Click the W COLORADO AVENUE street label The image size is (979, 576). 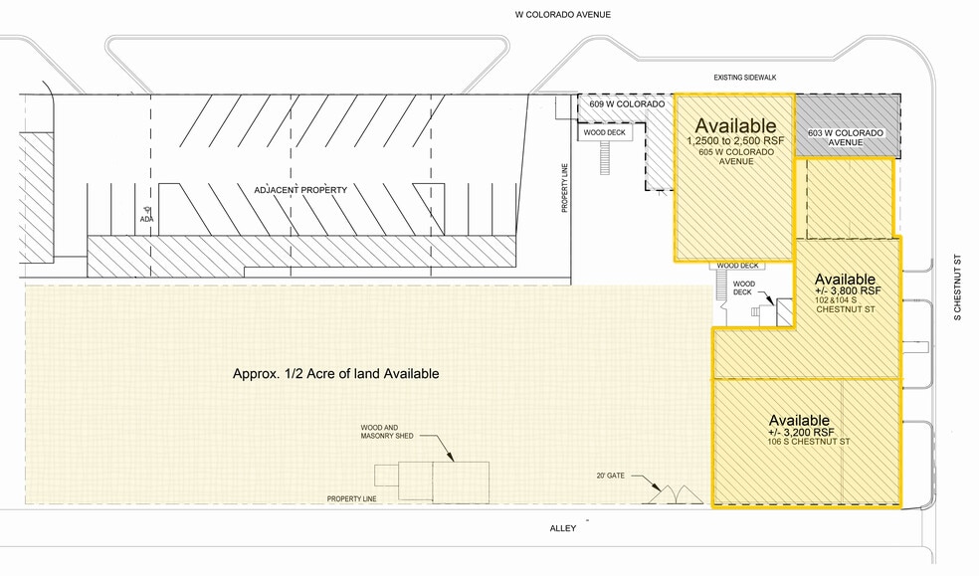point(562,14)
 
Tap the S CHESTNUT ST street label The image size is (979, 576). point(957,288)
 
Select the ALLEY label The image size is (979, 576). point(562,528)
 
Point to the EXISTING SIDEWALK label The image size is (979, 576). point(745,78)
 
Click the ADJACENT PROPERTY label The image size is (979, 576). point(300,190)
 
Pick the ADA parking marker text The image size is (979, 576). point(146,219)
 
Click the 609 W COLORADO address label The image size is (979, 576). point(627,104)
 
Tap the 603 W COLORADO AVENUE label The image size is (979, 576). point(846,137)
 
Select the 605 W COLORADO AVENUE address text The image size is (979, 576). point(736,156)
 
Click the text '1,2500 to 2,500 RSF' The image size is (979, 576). point(735,141)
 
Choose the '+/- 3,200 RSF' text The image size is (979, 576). point(801,432)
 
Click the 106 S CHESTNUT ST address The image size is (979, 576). point(809,442)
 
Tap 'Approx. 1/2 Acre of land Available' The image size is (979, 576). point(336,374)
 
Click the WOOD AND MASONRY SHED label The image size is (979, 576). point(386,432)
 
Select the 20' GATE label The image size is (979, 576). point(610,476)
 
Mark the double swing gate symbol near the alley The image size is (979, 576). point(676,494)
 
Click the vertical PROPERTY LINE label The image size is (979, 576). point(565,188)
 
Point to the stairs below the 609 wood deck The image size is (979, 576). point(604,158)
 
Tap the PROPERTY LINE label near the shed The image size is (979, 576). point(351,499)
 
